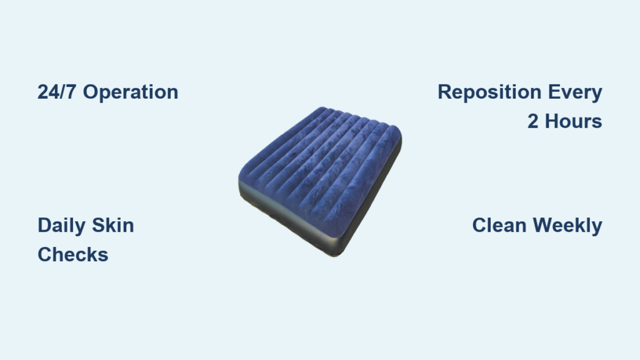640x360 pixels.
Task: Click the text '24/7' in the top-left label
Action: pos(56,92)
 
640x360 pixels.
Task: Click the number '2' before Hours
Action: pos(532,122)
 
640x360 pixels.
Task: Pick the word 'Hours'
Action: pos(574,122)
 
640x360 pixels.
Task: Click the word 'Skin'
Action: pos(113,225)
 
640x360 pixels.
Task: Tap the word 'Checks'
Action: pos(73,255)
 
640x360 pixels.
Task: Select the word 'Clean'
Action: pos(499,225)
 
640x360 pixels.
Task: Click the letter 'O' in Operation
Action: pos(91,92)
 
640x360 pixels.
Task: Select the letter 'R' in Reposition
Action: pos(445,92)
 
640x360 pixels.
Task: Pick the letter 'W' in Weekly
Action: pos(543,225)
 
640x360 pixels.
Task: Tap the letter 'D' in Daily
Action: pos(45,225)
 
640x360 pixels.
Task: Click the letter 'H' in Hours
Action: pos(551,122)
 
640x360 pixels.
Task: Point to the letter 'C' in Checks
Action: pos(45,255)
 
